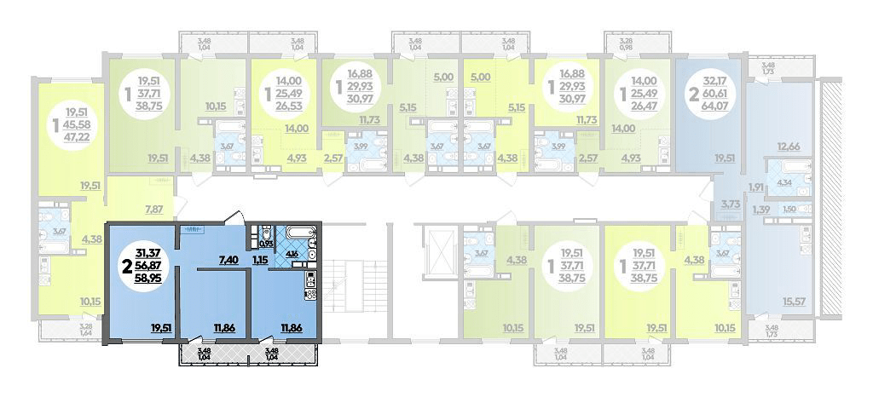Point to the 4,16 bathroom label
point(292,253)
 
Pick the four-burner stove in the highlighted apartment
point(309,294)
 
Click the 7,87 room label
point(153,209)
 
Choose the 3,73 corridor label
point(731,204)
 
